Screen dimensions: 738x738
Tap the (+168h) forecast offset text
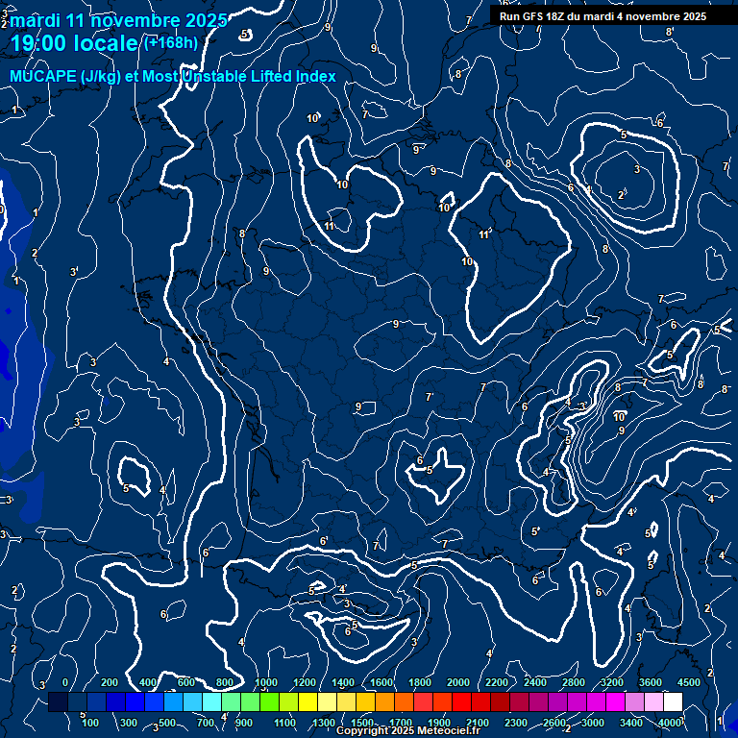(x=170, y=42)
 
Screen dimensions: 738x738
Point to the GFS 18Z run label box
(x=603, y=16)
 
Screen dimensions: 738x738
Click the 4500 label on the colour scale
(x=689, y=681)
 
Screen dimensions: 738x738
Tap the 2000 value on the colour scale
(x=458, y=681)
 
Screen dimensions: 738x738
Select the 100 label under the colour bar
(x=90, y=722)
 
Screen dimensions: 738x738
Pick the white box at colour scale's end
(x=673, y=702)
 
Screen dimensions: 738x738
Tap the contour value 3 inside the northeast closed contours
(x=637, y=169)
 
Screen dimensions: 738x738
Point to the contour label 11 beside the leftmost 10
(x=330, y=226)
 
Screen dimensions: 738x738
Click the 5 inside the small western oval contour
(x=127, y=488)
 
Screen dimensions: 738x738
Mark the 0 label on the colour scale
(x=64, y=681)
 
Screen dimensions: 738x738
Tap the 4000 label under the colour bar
(x=670, y=722)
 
